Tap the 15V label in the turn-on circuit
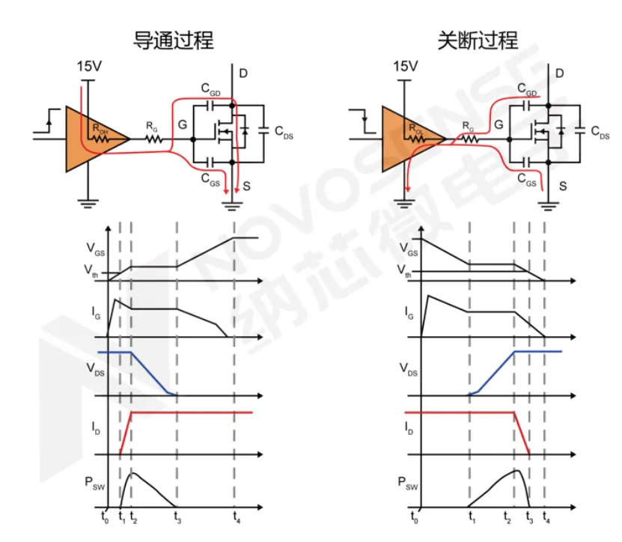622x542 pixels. click(x=89, y=67)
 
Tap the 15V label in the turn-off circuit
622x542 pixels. click(x=405, y=67)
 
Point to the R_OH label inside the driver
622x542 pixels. click(x=101, y=129)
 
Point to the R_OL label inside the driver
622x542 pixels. click(x=418, y=129)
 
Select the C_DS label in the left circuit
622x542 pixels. click(x=284, y=132)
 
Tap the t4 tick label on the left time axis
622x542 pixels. click(x=237, y=516)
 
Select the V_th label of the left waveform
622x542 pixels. click(x=92, y=272)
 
